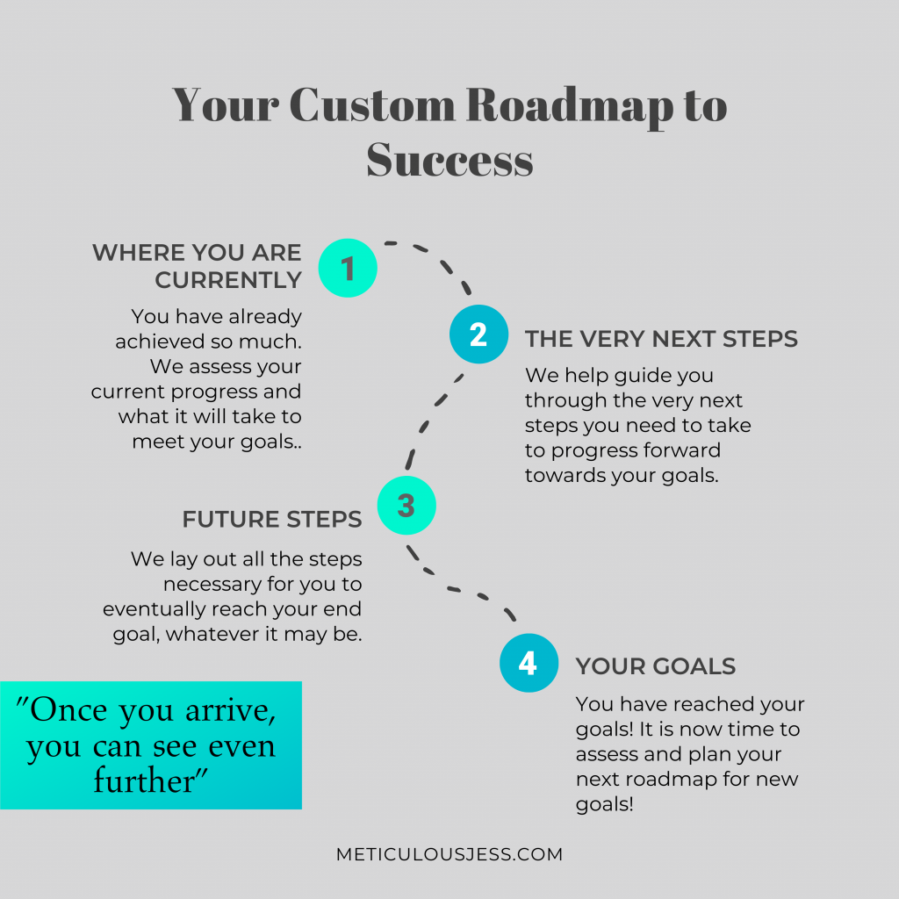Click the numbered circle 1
click(x=348, y=268)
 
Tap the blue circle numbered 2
click(x=478, y=334)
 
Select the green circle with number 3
click(x=406, y=505)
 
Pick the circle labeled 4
click(x=529, y=663)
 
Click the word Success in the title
click(x=450, y=160)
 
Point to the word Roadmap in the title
click(x=569, y=106)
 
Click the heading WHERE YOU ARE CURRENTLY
click(x=197, y=266)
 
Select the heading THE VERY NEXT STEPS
click(x=661, y=339)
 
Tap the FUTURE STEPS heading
click(x=272, y=520)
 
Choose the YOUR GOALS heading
click(x=655, y=666)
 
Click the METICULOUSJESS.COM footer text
click(x=449, y=854)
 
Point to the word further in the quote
click(x=144, y=780)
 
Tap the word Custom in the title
click(x=372, y=105)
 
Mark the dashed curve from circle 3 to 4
click(x=453, y=588)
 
